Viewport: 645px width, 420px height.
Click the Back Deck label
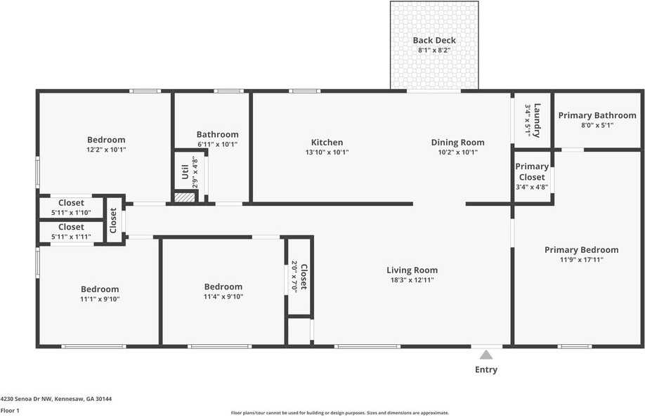[x=434, y=40]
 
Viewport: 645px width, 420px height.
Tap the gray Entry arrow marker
[x=486, y=355]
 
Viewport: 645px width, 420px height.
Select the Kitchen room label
[x=327, y=143]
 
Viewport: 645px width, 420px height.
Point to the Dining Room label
[x=457, y=143]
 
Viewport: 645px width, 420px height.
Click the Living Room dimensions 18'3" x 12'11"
[x=412, y=280]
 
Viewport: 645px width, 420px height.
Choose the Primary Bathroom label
[x=597, y=115]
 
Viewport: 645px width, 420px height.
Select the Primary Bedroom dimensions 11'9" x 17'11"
[x=581, y=260]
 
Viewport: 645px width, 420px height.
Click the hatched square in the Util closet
[x=184, y=198]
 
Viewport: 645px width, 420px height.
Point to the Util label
[x=185, y=172]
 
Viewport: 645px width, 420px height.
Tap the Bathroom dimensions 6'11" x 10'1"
[x=217, y=145]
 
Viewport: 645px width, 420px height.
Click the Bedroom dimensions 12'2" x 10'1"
[x=106, y=150]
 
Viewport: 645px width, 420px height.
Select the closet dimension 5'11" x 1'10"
[x=71, y=213]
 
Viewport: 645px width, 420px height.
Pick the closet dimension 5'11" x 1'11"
[x=71, y=237]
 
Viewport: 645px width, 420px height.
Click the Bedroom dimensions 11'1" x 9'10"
[x=100, y=299]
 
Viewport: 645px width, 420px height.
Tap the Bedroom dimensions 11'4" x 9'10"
[x=223, y=296]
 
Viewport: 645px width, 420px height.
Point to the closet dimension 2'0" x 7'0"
[x=295, y=277]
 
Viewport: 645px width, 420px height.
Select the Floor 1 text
[x=10, y=410]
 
